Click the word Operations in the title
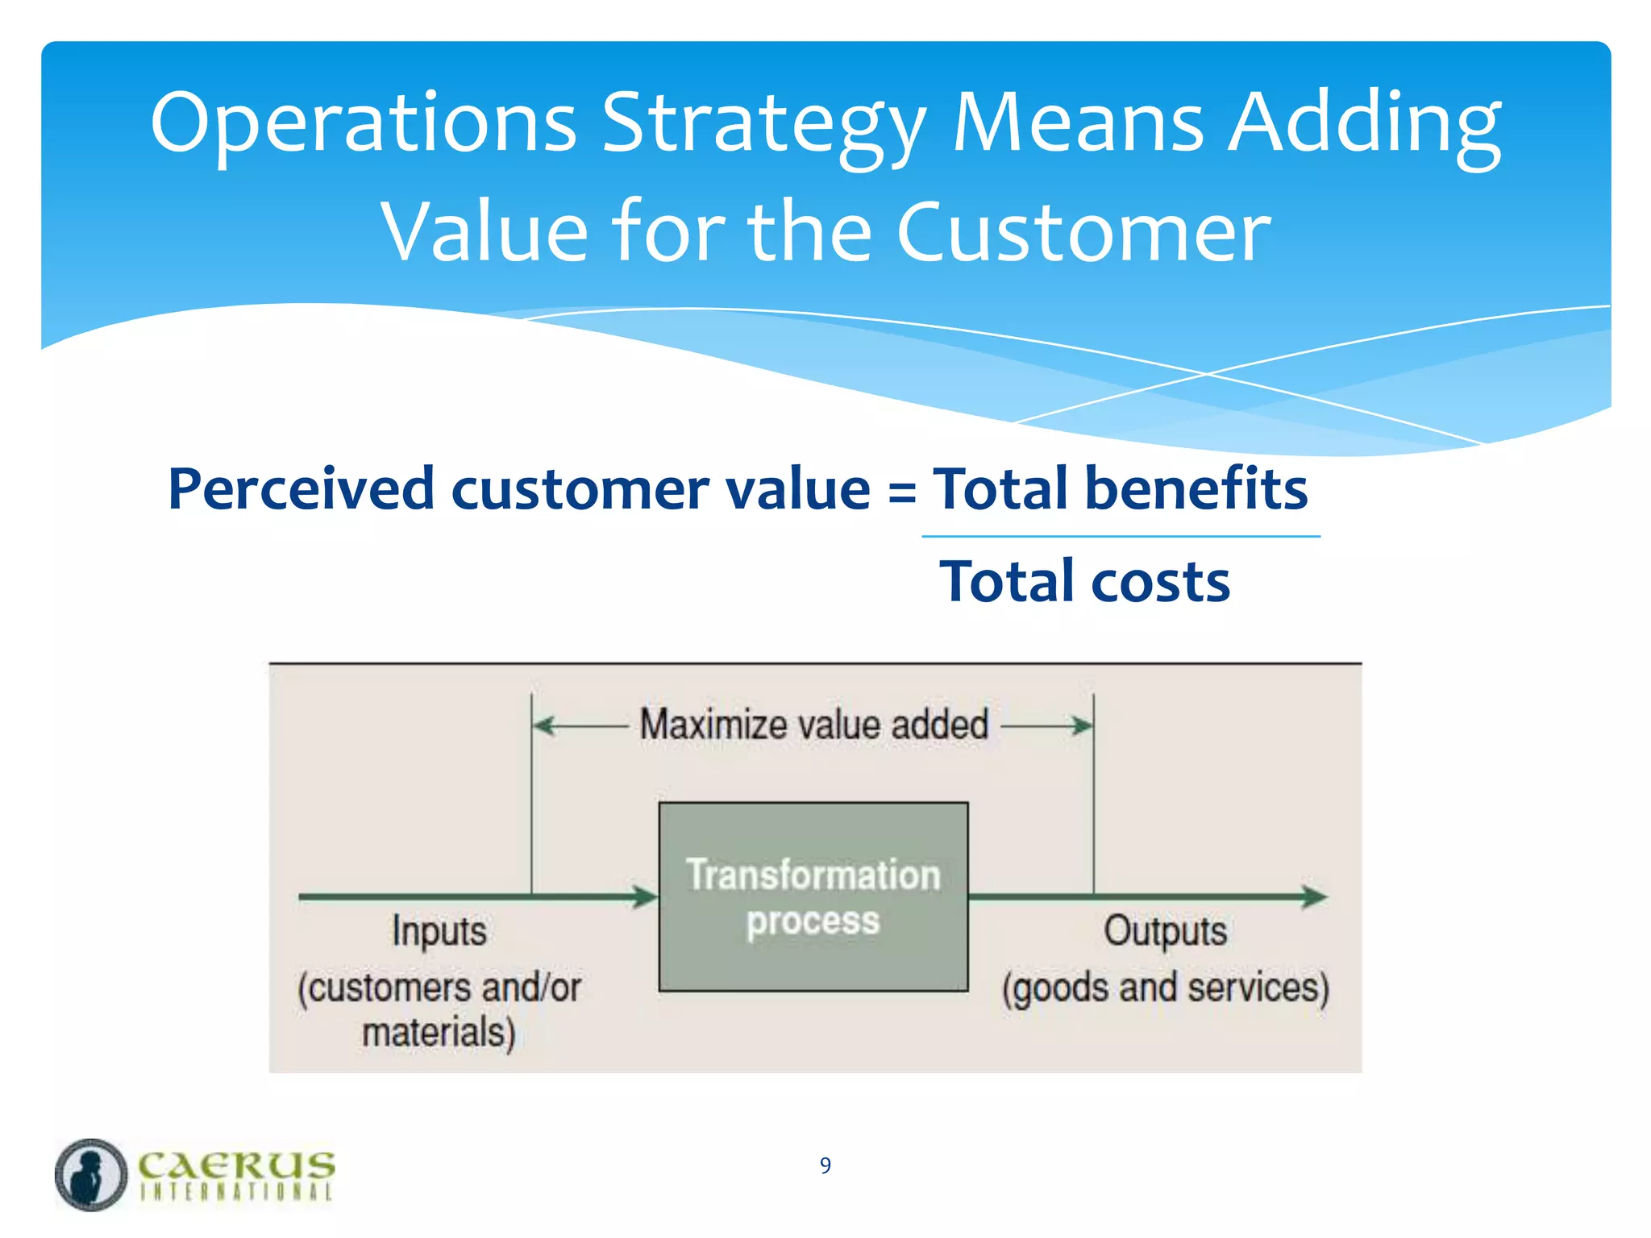[x=363, y=123]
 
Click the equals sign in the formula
[x=901, y=491]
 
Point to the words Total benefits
[x=1120, y=489]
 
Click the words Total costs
[x=1084, y=581]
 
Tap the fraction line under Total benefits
[x=1120, y=536]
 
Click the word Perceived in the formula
[x=301, y=489]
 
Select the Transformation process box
[x=813, y=896]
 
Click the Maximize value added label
[x=813, y=724]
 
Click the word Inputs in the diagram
[x=439, y=931]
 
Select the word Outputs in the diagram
[x=1165, y=931]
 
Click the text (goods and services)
[x=1165, y=988]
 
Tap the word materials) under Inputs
[x=439, y=1033]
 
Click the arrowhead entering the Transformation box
[x=646, y=896]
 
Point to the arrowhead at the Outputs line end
[x=1315, y=896]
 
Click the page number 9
[x=825, y=1165]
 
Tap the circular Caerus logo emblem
[x=91, y=1174]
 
